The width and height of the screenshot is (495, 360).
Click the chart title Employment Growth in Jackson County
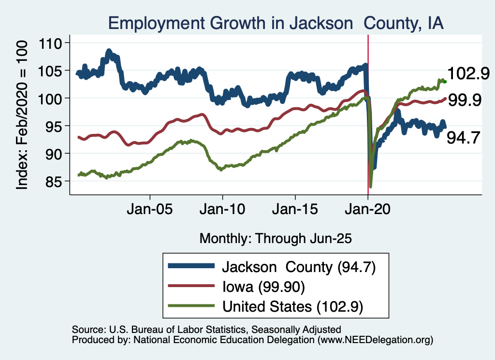click(276, 23)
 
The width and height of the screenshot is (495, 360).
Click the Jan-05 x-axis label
click(150, 211)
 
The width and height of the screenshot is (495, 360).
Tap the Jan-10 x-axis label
click(222, 211)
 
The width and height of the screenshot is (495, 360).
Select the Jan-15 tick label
click(295, 211)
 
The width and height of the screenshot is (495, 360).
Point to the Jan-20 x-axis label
click(368, 211)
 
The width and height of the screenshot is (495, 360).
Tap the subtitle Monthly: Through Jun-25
click(276, 238)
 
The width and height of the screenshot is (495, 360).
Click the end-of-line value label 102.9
click(468, 74)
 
